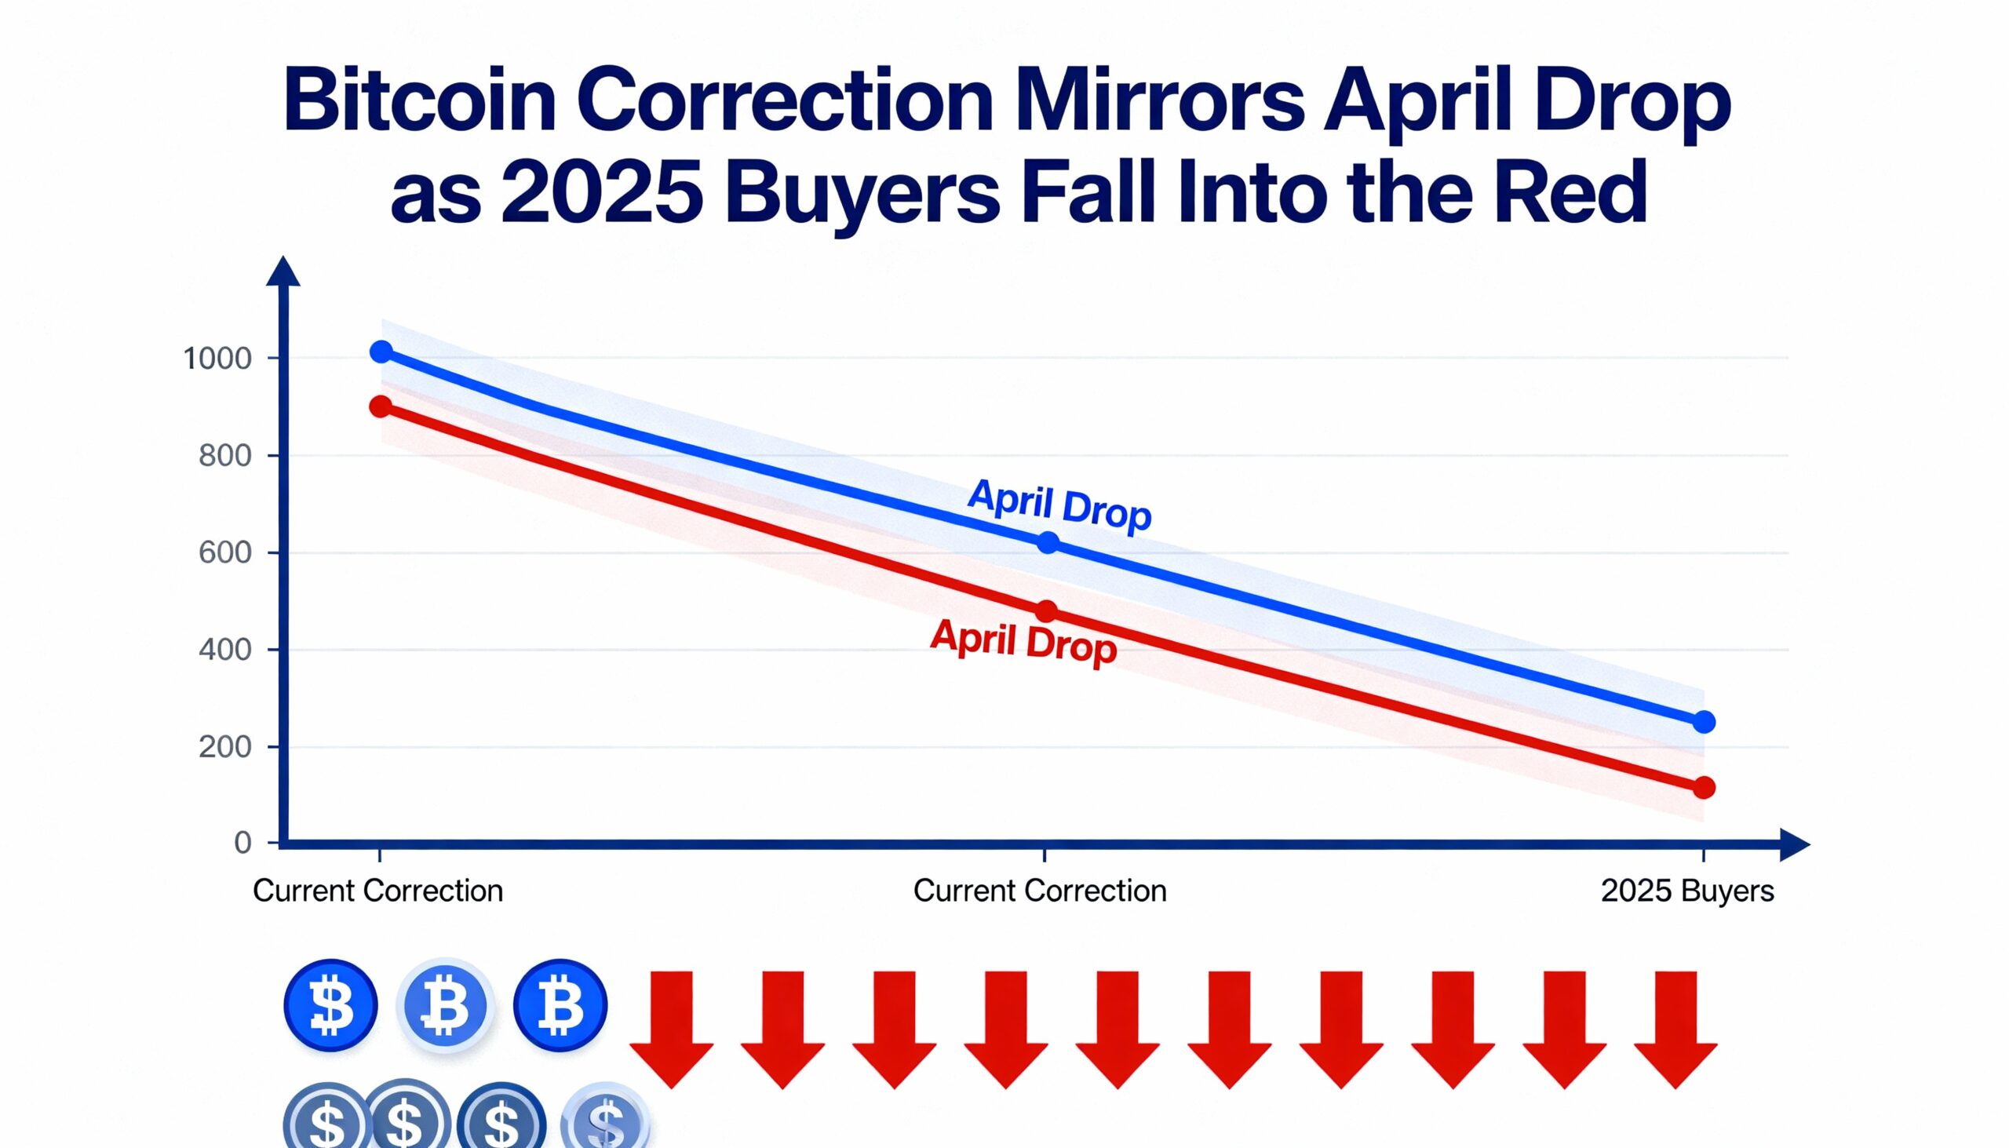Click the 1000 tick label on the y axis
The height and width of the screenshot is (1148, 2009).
pyautogui.click(x=217, y=359)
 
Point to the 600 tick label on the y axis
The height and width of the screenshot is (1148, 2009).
pyautogui.click(x=225, y=552)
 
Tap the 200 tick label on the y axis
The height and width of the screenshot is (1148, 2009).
pyautogui.click(x=225, y=747)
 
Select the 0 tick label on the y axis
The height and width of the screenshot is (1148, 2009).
pyautogui.click(x=242, y=843)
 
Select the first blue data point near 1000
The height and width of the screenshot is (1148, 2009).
pyautogui.click(x=381, y=352)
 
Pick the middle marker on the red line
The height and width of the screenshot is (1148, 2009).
pyautogui.click(x=1046, y=611)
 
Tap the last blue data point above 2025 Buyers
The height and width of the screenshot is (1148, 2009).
pyautogui.click(x=1704, y=721)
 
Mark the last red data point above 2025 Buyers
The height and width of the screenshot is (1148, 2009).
pyautogui.click(x=1704, y=787)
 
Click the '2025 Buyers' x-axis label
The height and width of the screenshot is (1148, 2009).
pyautogui.click(x=1687, y=891)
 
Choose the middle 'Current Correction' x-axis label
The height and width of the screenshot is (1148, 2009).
pyautogui.click(x=1039, y=891)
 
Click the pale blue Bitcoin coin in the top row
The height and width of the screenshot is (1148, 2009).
pyautogui.click(x=446, y=1005)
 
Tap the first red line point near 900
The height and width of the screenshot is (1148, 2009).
pyautogui.click(x=381, y=406)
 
